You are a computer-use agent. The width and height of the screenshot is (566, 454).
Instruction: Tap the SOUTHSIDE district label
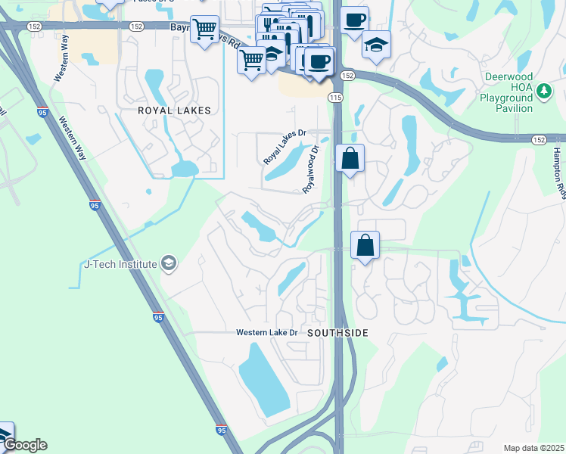point(337,333)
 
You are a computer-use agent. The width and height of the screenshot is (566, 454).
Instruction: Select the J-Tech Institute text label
point(120,264)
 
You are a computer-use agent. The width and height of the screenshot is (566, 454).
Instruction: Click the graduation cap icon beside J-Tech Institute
point(169,264)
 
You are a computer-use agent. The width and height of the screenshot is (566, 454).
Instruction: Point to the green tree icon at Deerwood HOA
point(543,92)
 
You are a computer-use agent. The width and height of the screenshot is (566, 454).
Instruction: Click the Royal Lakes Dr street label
point(285,147)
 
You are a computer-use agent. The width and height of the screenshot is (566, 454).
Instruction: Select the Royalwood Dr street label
point(313,167)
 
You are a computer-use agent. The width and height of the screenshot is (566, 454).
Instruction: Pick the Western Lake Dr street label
point(269,333)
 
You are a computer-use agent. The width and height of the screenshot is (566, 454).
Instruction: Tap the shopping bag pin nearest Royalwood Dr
point(350,159)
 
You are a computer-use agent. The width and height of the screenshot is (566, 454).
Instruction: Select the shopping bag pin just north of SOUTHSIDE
point(365,246)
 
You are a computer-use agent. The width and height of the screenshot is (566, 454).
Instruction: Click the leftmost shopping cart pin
point(204,30)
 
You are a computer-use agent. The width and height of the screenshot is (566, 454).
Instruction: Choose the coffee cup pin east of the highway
point(353,20)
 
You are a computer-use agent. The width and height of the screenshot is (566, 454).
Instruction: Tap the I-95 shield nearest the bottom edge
point(219,429)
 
